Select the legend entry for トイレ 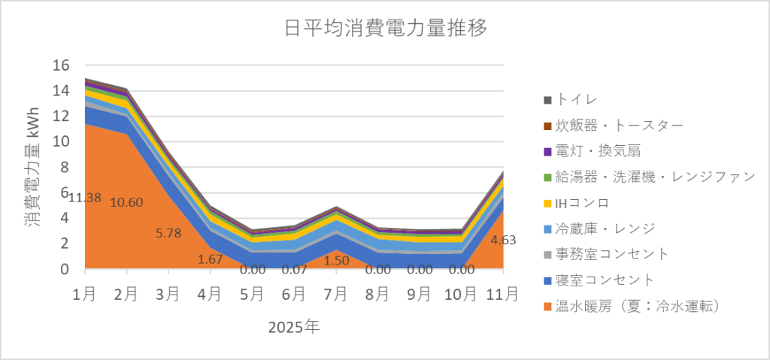click(x=580, y=99)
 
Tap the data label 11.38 click(x=86, y=198)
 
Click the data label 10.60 click(x=126, y=202)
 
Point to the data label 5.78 click(x=168, y=233)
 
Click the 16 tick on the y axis click(x=60, y=65)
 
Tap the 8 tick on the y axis click(x=65, y=167)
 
